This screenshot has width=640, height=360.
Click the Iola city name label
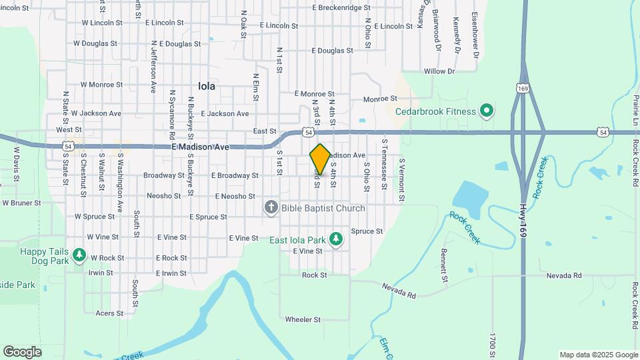(207, 86)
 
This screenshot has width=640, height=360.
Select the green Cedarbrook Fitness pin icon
(487, 111)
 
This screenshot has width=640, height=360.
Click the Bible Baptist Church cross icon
(271, 208)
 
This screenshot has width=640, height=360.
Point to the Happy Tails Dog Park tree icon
(79, 255)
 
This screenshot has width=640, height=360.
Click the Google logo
(22, 351)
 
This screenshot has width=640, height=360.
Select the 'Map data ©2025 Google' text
(598, 355)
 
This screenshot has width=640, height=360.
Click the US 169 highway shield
(522, 87)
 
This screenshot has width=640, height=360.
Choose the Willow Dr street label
(439, 71)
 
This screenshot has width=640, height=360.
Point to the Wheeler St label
(303, 319)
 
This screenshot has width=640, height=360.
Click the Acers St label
(109, 313)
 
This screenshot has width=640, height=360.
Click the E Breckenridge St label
(341, 8)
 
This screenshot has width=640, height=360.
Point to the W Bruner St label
(21, 202)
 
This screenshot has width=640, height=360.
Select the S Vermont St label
(401, 179)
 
